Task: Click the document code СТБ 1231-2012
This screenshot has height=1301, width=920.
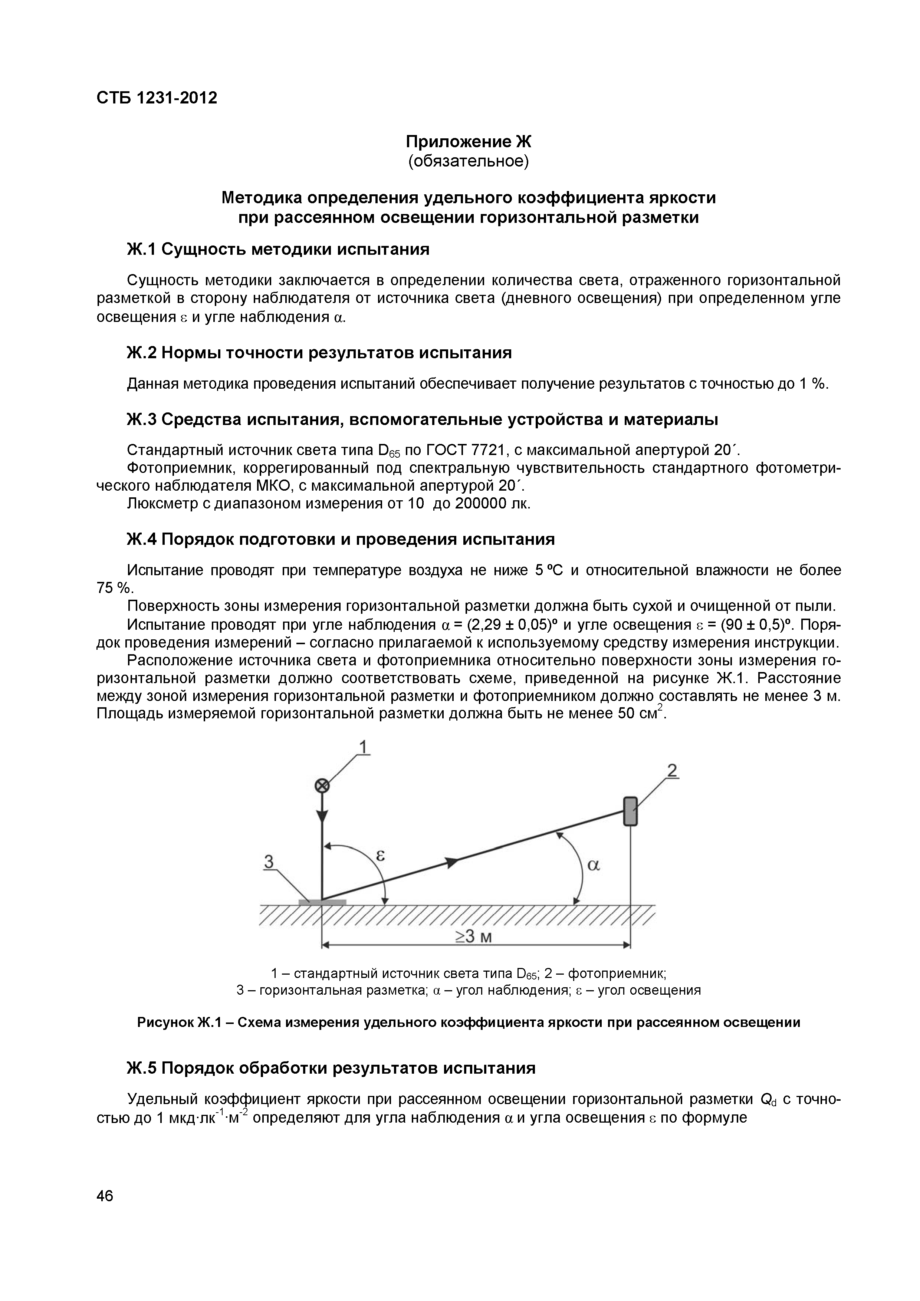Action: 157,98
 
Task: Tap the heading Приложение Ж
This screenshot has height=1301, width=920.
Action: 468,141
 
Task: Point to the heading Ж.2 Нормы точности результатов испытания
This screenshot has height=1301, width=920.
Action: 319,353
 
